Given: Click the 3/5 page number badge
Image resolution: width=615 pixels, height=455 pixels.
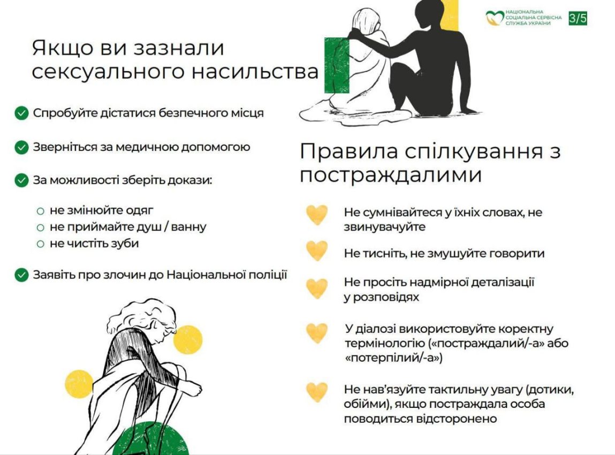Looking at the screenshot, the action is click(578, 18).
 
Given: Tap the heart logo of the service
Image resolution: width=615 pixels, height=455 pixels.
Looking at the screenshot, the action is click(495, 18).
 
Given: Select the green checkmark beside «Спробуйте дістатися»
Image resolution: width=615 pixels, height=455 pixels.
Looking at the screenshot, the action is click(21, 113).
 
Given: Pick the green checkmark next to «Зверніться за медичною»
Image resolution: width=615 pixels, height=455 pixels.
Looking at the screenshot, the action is click(21, 148).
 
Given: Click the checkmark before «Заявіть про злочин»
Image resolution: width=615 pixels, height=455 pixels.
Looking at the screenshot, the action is click(21, 275).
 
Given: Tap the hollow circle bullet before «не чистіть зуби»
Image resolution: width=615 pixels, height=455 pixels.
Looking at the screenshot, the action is click(40, 244).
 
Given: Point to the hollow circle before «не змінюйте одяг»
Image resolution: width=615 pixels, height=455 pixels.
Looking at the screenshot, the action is click(40, 211).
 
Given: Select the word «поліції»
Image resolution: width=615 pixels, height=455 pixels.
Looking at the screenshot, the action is click(268, 275).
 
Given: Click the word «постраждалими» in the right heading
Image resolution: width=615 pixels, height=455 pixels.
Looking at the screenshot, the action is click(391, 175).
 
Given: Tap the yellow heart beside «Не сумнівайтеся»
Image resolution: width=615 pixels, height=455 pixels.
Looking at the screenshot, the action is click(317, 215).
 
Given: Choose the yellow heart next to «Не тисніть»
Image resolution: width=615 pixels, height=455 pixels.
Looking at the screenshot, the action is click(317, 251).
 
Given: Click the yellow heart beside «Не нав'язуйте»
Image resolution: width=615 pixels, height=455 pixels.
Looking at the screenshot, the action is click(317, 392).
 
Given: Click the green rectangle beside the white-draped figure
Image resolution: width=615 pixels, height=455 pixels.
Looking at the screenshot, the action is click(337, 65).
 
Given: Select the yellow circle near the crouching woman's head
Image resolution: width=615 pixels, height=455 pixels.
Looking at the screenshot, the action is click(188, 340).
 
